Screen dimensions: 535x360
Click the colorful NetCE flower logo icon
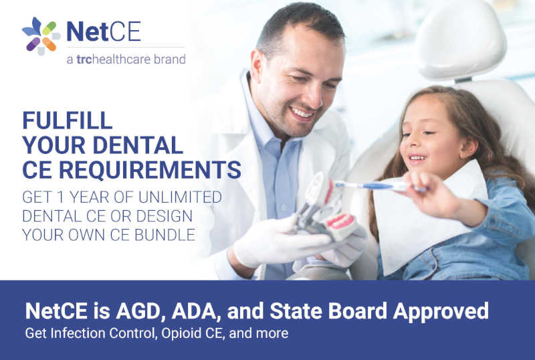pyautogui.click(x=41, y=36)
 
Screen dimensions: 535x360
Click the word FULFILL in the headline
pyautogui.click(x=68, y=120)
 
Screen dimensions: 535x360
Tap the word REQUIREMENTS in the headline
pyautogui.click(x=150, y=170)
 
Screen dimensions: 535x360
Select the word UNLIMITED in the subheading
pyautogui.click(x=180, y=197)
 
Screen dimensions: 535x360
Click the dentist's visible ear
pyautogui.click(x=257, y=68)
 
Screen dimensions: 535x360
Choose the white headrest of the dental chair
pyautogui.click(x=461, y=39)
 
